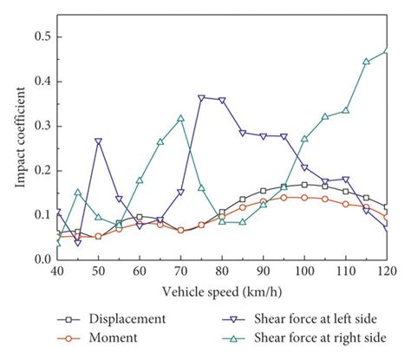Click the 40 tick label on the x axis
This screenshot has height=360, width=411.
click(57, 272)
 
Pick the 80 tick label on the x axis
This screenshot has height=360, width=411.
click(222, 272)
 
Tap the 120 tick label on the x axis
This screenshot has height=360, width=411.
click(386, 272)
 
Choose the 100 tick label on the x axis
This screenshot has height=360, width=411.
click(304, 272)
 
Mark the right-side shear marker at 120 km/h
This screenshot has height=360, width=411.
click(387, 49)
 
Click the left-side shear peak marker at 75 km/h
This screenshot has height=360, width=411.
click(202, 98)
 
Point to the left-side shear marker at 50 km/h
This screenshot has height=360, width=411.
click(99, 141)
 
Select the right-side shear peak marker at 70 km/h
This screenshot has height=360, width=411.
click(181, 118)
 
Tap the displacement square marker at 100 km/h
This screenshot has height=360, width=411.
click(304, 184)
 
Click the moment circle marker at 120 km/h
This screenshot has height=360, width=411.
click(387, 212)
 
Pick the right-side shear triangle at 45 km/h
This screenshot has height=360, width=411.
click(78, 192)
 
